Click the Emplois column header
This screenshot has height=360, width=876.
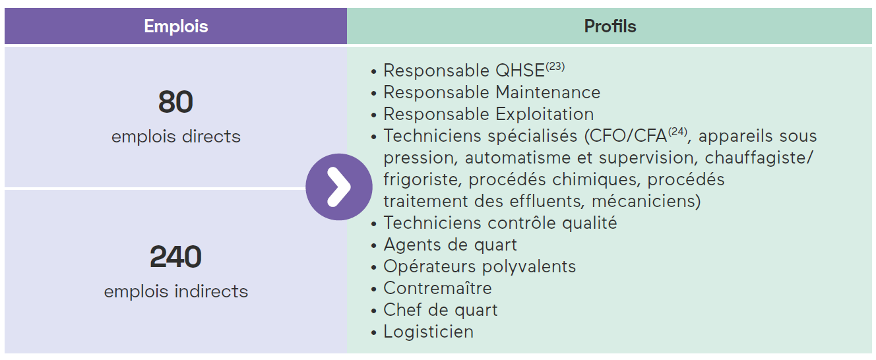(x=176, y=26)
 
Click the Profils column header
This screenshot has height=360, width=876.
(x=610, y=26)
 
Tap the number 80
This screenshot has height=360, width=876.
(x=175, y=102)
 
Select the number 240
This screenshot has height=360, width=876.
(x=175, y=256)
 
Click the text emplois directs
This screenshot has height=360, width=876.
(x=176, y=136)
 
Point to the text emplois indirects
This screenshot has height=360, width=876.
(x=176, y=291)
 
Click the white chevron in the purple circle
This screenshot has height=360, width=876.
(x=338, y=187)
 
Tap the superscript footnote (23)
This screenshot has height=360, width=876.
(x=555, y=67)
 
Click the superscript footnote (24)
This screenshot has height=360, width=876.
(x=677, y=132)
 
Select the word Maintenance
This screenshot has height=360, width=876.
(x=548, y=93)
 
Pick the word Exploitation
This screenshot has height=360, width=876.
(x=545, y=115)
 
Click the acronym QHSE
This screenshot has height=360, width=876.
(x=520, y=71)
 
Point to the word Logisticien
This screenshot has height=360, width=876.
(x=428, y=332)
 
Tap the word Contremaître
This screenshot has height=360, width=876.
(x=437, y=289)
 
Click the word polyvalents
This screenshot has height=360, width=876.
(x=529, y=267)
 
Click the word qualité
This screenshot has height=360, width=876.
(x=589, y=224)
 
